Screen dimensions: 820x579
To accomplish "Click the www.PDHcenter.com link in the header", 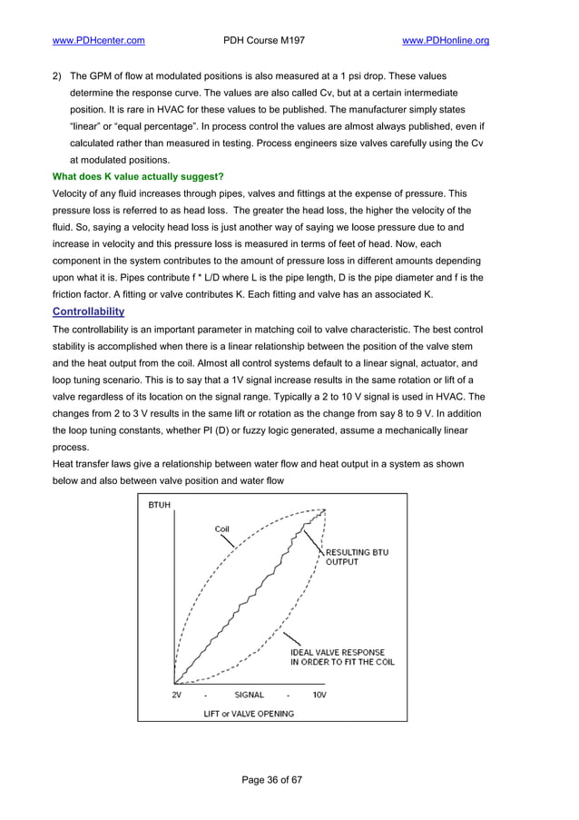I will coord(99,40).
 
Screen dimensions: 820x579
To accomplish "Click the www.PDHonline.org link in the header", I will coord(445,40).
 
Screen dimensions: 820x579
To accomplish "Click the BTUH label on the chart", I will coord(159,506).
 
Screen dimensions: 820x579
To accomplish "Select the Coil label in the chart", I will coord(221,529).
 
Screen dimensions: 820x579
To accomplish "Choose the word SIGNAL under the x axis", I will coord(250,695).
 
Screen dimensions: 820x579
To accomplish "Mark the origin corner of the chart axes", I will coord(174,683).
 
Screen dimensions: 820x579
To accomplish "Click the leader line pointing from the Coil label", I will coord(232,541).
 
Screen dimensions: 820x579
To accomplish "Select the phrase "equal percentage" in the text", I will coord(159,125).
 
